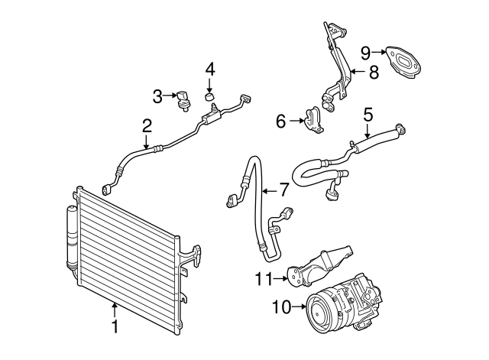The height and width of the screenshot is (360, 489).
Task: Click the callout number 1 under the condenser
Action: tap(115, 327)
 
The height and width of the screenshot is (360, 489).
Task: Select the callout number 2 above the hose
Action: tap(146, 125)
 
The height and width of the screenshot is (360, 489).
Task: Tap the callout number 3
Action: tap(157, 96)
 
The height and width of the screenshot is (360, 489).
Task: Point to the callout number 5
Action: tap(368, 115)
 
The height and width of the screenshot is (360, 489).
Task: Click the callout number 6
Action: tap(280, 121)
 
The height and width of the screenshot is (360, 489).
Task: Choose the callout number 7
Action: tap(283, 188)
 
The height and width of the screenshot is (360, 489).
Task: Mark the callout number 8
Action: tap(373, 73)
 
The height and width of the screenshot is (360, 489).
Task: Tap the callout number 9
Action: tap(366, 52)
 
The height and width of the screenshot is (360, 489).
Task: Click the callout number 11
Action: tap(264, 279)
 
